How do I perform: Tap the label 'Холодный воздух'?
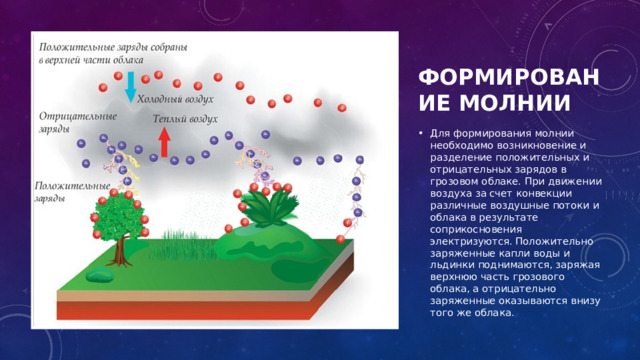pyautogui.click(x=175, y=99)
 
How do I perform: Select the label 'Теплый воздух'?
pyautogui.click(x=185, y=119)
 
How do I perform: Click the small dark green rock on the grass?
pyautogui.click(x=99, y=275)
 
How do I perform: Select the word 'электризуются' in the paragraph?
pyautogui.click(x=469, y=240)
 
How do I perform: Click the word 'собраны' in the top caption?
pyautogui.click(x=186, y=46)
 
